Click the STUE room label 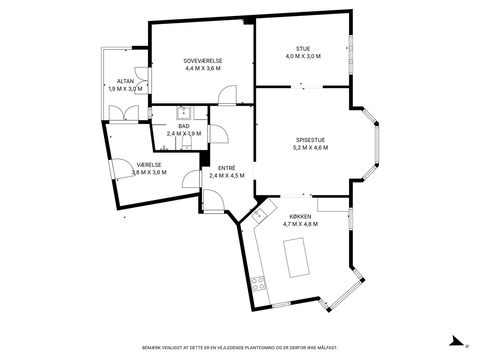303,48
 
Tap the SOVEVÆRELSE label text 203,61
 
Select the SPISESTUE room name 310,140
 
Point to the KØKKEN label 300,216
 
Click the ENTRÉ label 227,168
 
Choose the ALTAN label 125,81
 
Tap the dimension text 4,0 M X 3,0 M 303,56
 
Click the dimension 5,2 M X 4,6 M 310,148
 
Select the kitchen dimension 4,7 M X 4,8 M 300,224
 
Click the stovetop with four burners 257,284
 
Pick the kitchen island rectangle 296,258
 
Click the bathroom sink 184,112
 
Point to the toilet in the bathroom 186,143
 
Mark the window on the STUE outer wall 351,55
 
